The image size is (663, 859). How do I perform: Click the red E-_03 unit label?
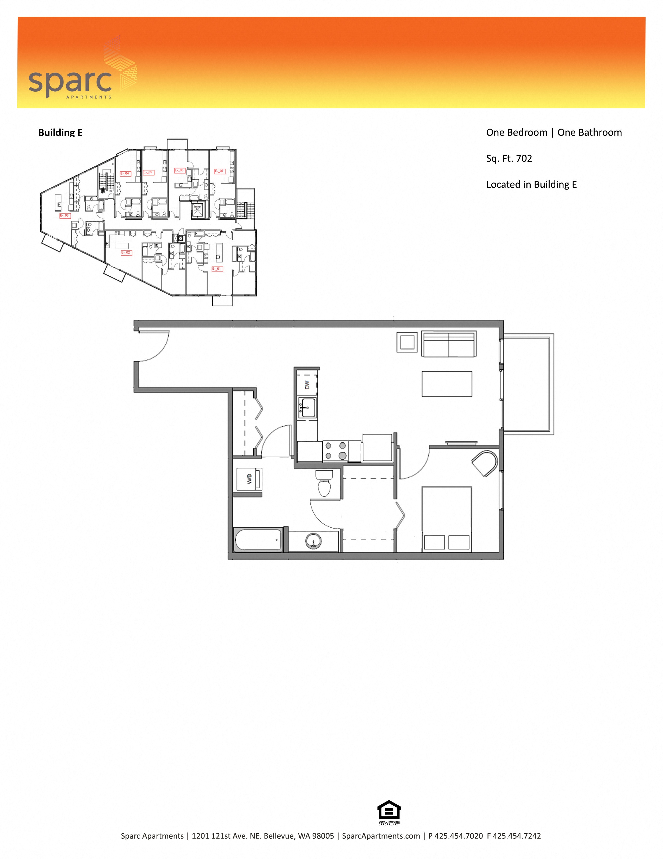(65, 216)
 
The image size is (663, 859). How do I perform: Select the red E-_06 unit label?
(180, 170)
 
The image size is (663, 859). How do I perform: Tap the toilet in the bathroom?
(324, 484)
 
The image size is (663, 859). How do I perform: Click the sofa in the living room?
(449, 344)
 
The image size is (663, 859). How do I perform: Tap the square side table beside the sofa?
(407, 342)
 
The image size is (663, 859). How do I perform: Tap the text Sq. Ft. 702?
(509, 159)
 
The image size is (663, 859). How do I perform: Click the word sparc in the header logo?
(70, 81)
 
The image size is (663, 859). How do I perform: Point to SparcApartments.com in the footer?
(381, 836)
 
